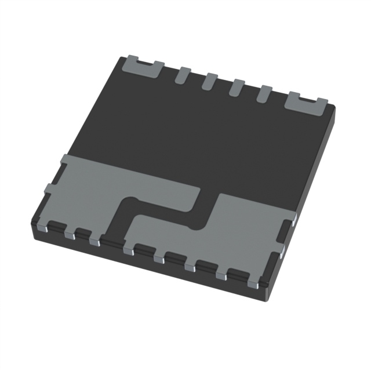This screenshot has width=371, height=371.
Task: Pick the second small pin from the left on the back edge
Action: coord(210,81)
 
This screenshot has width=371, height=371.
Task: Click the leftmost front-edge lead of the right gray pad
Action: coord(129,251)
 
